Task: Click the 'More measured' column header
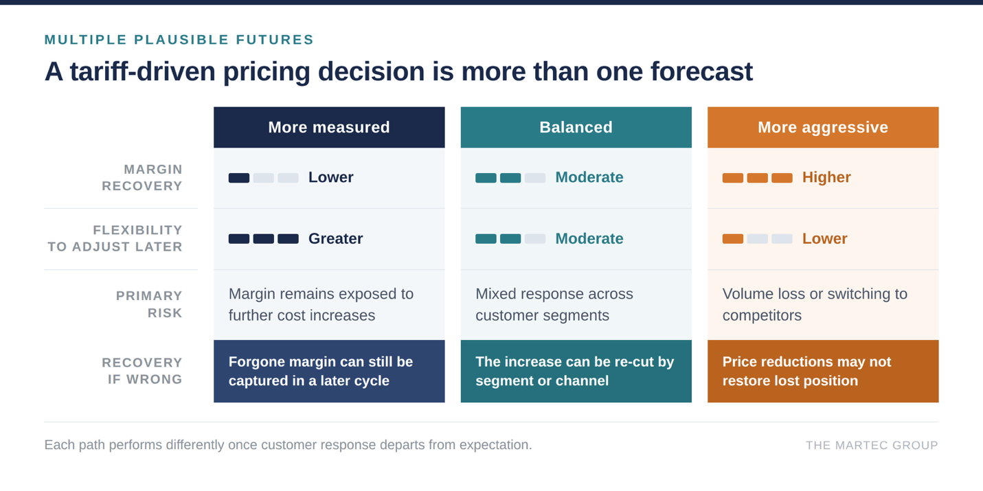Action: coord(329,127)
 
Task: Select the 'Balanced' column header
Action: coord(576,127)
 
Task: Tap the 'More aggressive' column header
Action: coord(823,127)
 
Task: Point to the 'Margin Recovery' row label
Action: coord(142,178)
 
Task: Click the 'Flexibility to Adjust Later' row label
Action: coord(115,238)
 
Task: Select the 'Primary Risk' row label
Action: coord(149,304)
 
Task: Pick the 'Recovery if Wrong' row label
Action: coord(142,371)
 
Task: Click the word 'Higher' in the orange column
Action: coord(826,177)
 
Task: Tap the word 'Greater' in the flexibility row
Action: coord(336,239)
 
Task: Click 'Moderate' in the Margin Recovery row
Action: coord(589,177)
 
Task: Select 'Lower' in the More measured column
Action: coord(331,177)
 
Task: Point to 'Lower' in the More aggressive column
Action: coord(824,239)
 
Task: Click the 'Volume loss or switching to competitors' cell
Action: coord(815,304)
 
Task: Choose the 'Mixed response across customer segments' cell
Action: coord(554,304)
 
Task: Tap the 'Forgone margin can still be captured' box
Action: coord(329,372)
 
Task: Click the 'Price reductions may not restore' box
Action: coord(823,372)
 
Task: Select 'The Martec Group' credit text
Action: coord(872,446)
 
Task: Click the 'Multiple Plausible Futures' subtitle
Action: coord(179,40)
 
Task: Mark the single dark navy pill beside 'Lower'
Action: coord(239,178)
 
